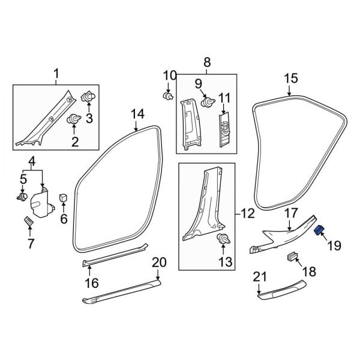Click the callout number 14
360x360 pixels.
[137, 113]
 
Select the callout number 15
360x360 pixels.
[290, 78]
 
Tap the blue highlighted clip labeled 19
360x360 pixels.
[320, 229]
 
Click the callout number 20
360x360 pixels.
[158, 262]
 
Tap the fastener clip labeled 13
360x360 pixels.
[223, 240]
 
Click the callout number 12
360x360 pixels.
[248, 212]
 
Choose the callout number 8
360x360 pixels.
[207, 62]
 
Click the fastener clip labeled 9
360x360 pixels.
[208, 103]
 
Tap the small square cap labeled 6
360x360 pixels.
[62, 197]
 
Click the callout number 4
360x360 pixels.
[32, 161]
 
